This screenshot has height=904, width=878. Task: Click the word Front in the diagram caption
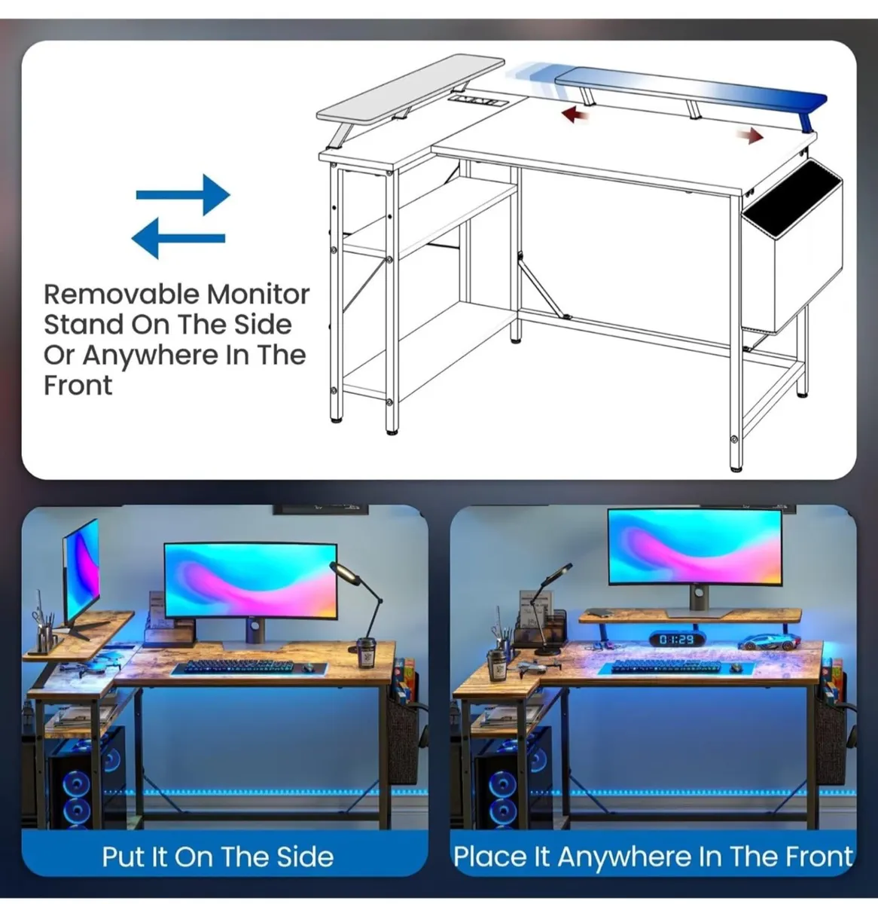pos(78,386)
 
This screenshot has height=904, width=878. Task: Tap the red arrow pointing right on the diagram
pos(749,136)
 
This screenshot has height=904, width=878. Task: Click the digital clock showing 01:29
pos(676,640)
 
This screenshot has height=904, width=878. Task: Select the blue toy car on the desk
pos(769,643)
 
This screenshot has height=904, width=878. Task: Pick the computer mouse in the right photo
pos(736,667)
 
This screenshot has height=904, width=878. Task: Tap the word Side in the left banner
pos(304,857)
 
